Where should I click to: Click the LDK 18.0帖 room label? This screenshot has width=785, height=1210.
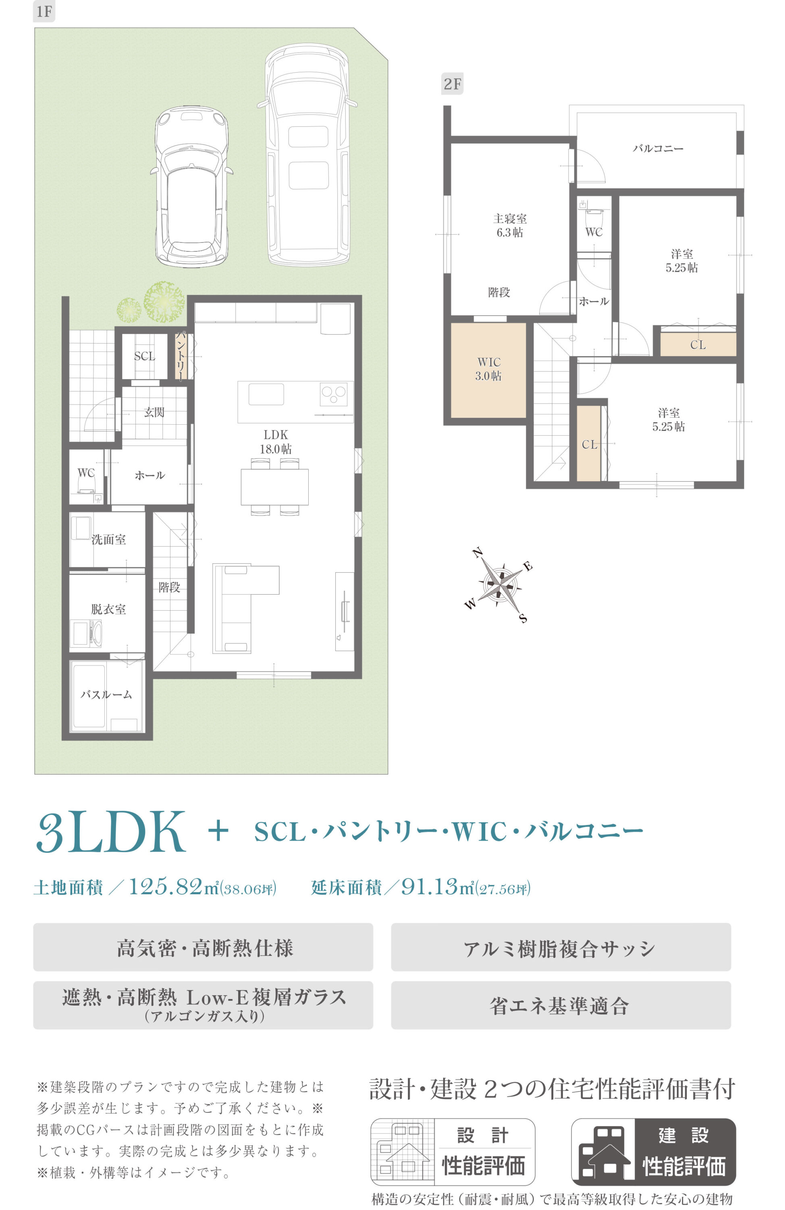(275, 441)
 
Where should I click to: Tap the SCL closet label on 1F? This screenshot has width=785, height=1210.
(144, 356)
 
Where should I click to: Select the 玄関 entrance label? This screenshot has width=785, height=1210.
(154, 412)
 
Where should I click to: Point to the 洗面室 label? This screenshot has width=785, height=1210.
(109, 539)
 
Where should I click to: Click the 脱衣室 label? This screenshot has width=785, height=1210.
(109, 609)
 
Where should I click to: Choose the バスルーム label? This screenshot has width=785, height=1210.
(106, 694)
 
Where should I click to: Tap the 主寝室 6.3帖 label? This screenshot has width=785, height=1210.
(510, 225)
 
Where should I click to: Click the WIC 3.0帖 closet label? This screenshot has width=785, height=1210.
(488, 369)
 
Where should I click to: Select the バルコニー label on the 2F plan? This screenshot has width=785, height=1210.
(658, 148)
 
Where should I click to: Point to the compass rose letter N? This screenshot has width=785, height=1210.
(478, 553)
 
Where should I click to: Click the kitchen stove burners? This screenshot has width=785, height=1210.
(333, 394)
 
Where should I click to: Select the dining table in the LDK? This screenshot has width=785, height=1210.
(274, 486)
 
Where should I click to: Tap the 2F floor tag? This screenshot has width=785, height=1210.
(452, 83)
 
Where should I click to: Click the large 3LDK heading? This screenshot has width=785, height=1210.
(111, 832)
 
